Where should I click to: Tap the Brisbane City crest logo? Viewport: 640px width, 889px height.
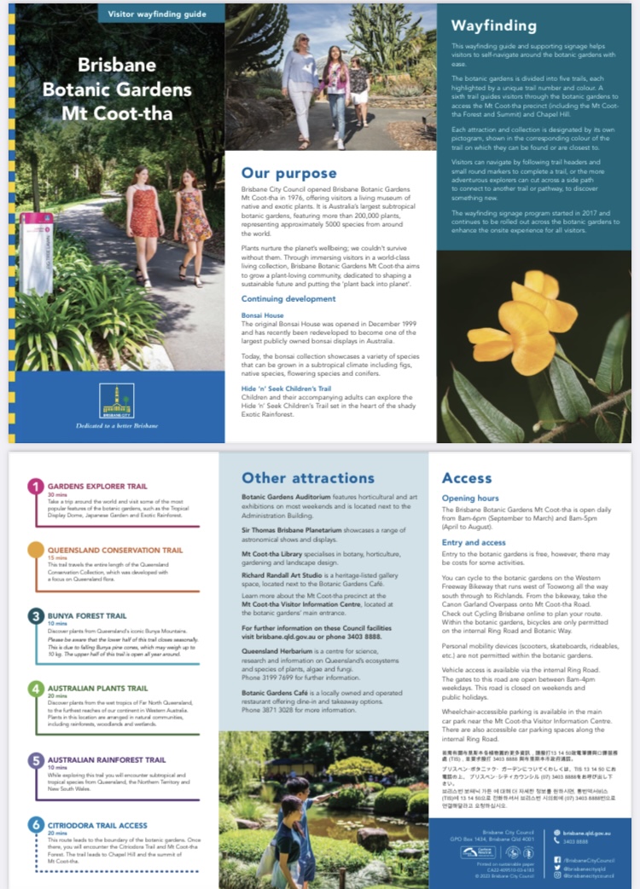116,401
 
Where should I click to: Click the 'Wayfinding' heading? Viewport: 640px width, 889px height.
494,26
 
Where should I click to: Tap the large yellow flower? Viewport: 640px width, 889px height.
521,315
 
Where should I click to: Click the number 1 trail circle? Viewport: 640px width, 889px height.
36,487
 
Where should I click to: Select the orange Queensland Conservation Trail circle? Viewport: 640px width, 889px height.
36,550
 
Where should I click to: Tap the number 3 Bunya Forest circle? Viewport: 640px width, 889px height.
36,615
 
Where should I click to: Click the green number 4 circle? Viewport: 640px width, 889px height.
36,689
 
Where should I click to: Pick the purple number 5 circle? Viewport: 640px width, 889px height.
36,760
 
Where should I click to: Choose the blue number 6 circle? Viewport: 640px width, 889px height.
36,825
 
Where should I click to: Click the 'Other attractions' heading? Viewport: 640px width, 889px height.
307,477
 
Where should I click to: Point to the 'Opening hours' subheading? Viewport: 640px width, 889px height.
470,498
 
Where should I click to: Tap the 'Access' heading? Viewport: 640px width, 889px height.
467,477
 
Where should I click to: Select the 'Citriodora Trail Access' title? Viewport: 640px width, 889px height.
97,826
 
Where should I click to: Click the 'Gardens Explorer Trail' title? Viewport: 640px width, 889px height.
97,487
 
